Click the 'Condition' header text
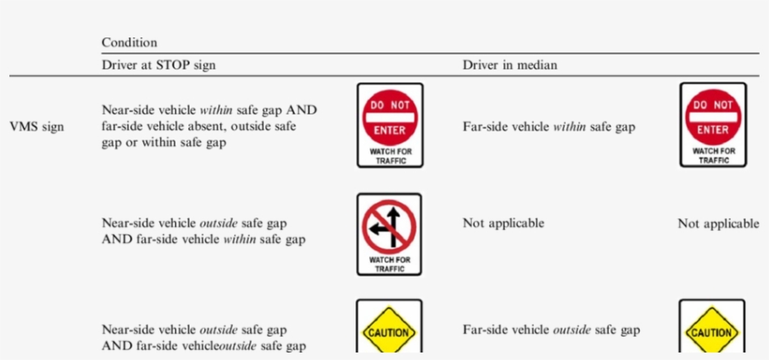[x=129, y=42]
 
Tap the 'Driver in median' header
[x=509, y=64]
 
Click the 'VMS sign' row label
[x=37, y=127]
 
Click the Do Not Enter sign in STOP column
[x=389, y=117]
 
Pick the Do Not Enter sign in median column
[x=713, y=117]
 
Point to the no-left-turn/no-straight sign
[x=389, y=228]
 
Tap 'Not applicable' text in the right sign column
[x=718, y=224]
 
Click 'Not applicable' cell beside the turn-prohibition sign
[x=504, y=223]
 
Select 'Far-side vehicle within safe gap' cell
[x=550, y=127]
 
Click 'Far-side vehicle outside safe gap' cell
[x=551, y=330]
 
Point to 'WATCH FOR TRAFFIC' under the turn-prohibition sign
[x=389, y=263]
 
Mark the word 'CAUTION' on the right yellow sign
[x=712, y=333]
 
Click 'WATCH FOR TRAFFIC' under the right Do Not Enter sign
[x=713, y=156]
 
